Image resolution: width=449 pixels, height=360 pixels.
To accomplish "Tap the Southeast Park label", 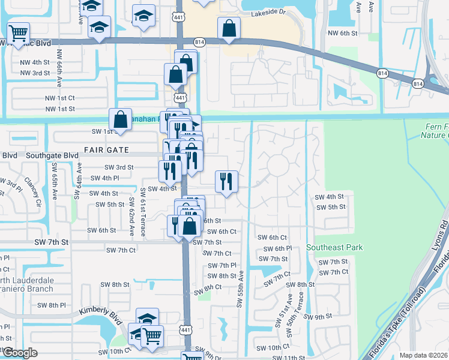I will [x=335, y=247].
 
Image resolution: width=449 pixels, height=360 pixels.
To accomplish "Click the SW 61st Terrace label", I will [x=143, y=211].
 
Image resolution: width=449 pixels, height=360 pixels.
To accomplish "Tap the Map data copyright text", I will [x=423, y=355].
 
